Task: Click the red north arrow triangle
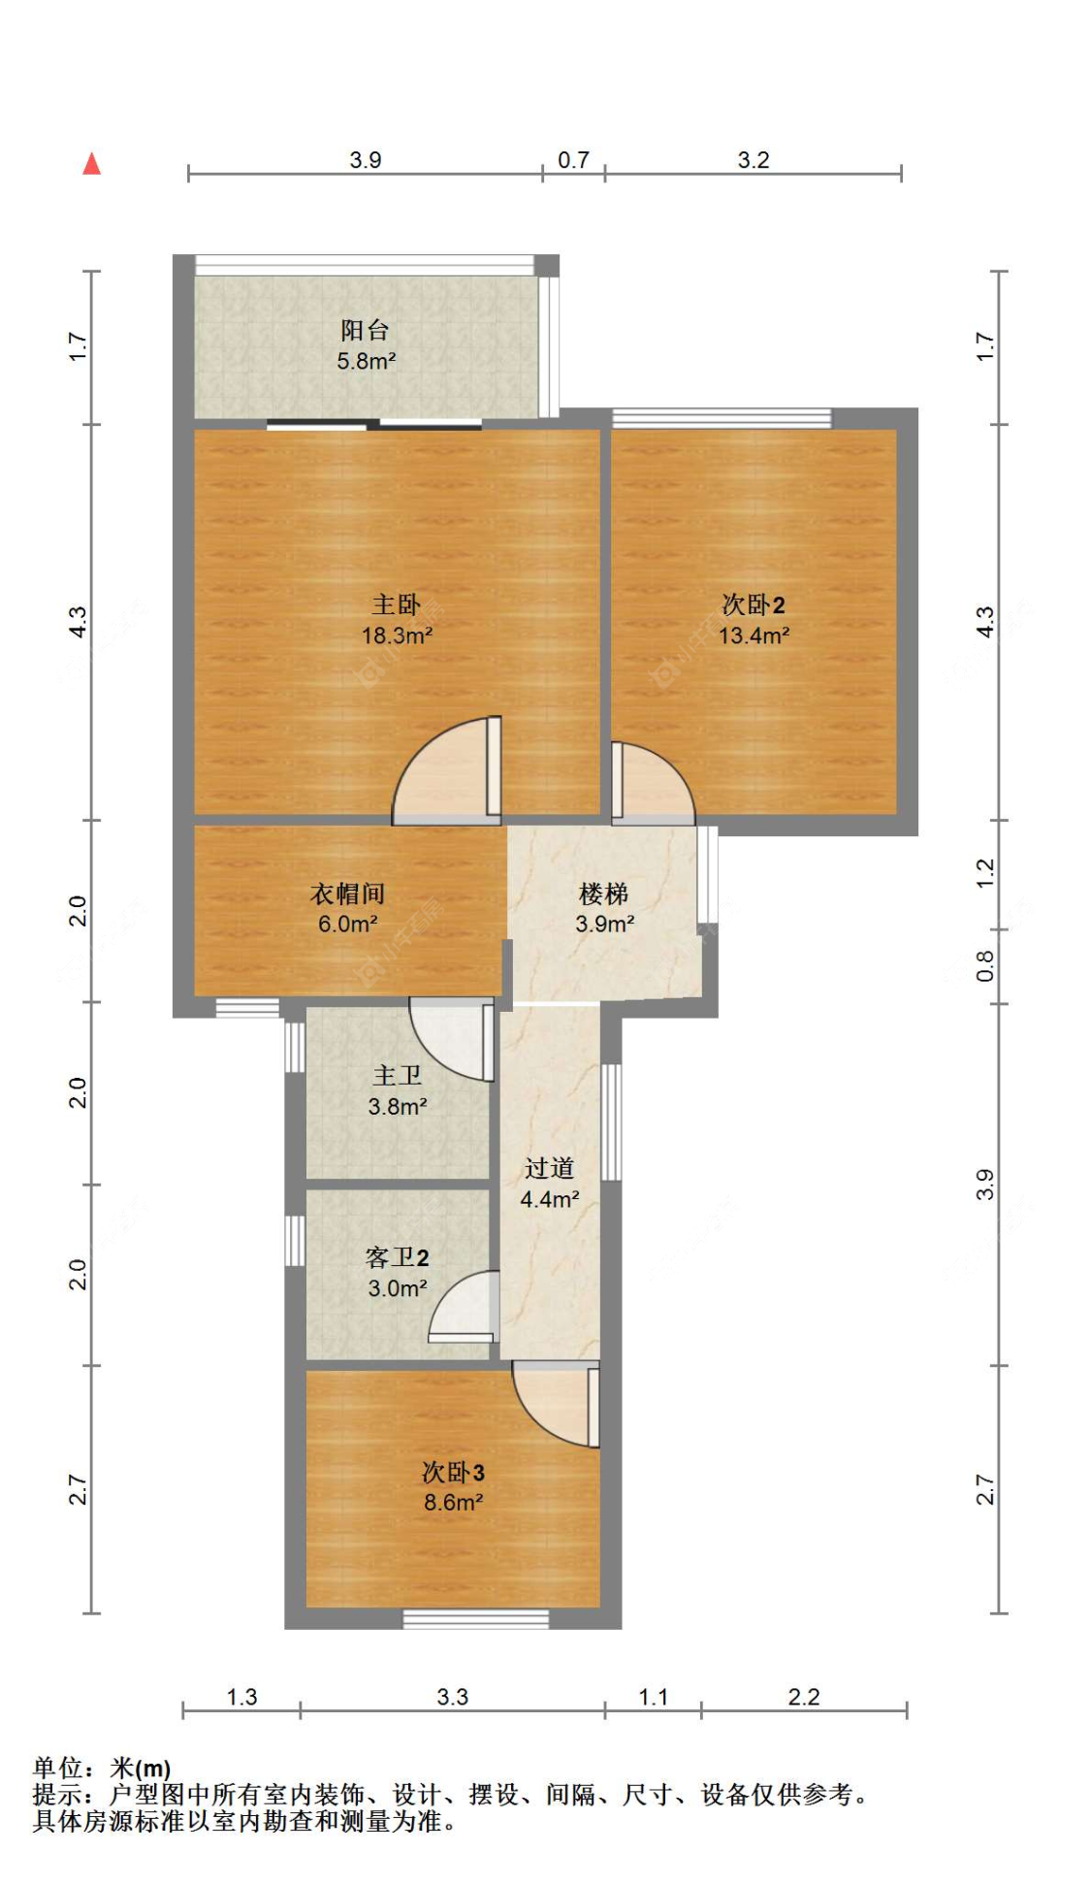(x=91, y=163)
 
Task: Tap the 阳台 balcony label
(x=365, y=330)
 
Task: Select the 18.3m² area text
(x=397, y=635)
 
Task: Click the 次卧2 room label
(x=753, y=604)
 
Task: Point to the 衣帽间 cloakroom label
(x=347, y=893)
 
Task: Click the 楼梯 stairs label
(x=603, y=893)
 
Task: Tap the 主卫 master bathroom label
(x=397, y=1075)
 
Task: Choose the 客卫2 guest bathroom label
(x=397, y=1257)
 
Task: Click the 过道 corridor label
(x=549, y=1168)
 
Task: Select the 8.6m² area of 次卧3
(x=453, y=1502)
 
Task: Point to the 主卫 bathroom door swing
(x=452, y=1039)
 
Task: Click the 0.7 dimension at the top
(x=573, y=160)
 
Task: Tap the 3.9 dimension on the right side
(x=984, y=1185)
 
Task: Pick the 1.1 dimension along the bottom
(x=653, y=1697)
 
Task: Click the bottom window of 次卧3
(x=476, y=1618)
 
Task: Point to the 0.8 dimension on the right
(x=984, y=965)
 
